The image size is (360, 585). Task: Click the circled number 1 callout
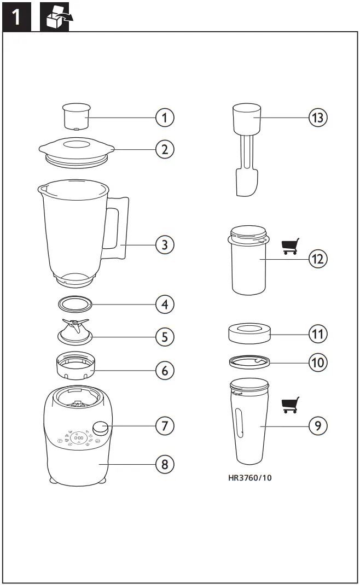pos(164,117)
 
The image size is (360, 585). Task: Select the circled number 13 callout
pos(318,117)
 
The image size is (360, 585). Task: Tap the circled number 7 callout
pos(164,425)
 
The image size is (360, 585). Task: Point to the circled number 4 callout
pos(164,303)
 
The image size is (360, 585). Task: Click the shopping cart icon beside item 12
pos(291,247)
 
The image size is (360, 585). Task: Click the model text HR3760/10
pos(250,477)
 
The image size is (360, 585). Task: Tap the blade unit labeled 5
pos(75,332)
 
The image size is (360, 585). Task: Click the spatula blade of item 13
pos(247,183)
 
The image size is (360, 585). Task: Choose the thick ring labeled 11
pos(249,333)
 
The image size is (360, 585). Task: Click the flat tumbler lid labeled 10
pos(249,361)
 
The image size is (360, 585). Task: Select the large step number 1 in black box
pos(18,17)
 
